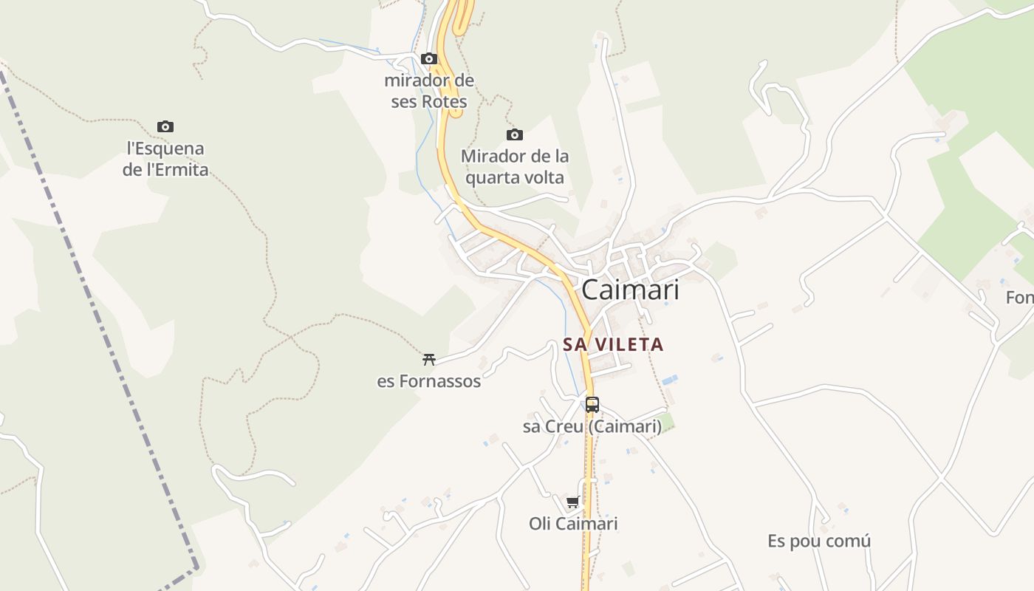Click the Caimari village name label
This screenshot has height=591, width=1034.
tap(630, 290)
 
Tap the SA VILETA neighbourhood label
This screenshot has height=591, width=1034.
tap(613, 344)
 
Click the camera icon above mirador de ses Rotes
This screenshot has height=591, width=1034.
tap(428, 58)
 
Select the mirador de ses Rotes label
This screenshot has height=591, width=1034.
tap(429, 91)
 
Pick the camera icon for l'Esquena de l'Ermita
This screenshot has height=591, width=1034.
tap(165, 126)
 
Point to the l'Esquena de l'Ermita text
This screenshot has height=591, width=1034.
tap(165, 159)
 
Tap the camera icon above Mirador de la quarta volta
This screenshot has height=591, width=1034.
tap(515, 134)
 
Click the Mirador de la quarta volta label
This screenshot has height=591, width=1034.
tap(515, 167)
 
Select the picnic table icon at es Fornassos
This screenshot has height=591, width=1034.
tap(428, 360)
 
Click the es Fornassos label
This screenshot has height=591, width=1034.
tap(428, 381)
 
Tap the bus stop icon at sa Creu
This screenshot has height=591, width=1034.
tap(592, 404)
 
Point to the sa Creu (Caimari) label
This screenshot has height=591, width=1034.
tap(592, 426)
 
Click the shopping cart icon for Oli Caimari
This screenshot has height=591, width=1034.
tap(572, 502)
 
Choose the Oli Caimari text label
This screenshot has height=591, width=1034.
tap(573, 524)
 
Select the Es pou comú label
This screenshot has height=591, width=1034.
tap(819, 541)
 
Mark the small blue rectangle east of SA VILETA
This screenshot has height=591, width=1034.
tap(669, 380)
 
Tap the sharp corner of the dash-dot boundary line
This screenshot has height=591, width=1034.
tap(196, 567)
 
